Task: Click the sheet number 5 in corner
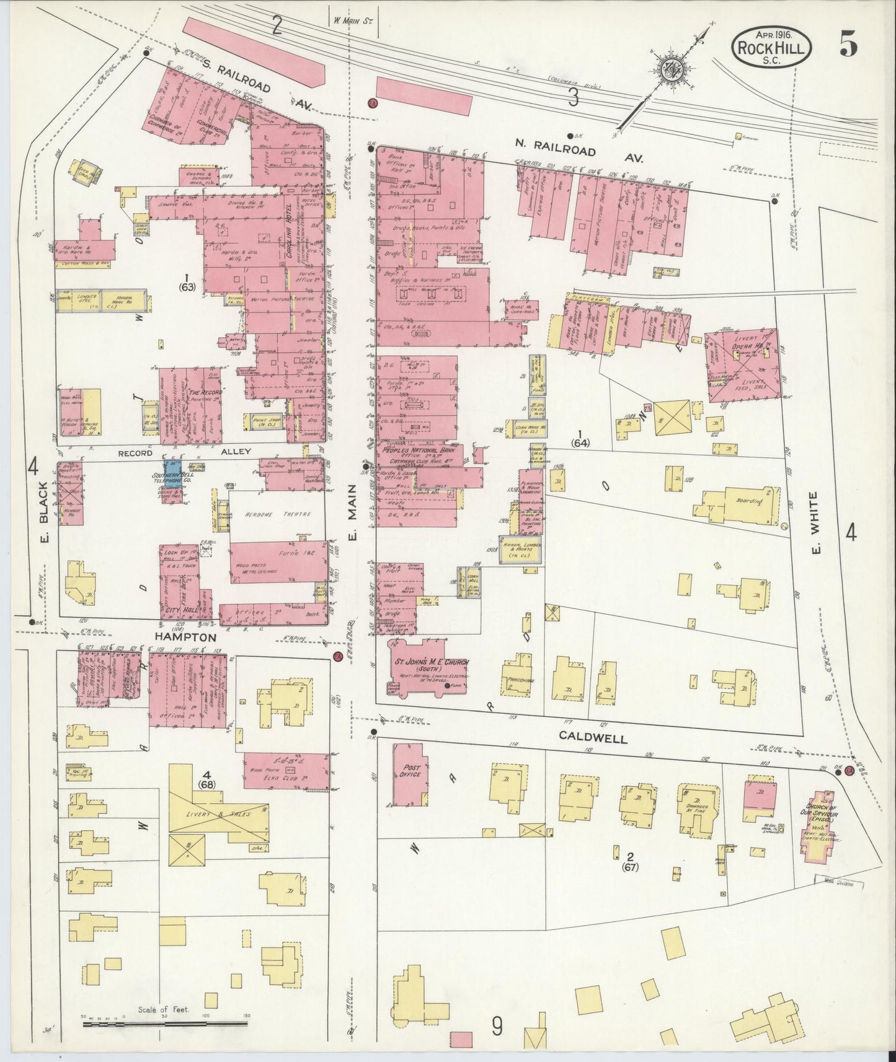pyautogui.click(x=848, y=45)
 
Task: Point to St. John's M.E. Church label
pyautogui.click(x=428, y=664)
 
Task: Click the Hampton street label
pyautogui.click(x=186, y=637)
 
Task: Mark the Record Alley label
pyautogui.click(x=186, y=452)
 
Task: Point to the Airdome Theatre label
pyautogui.click(x=277, y=514)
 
